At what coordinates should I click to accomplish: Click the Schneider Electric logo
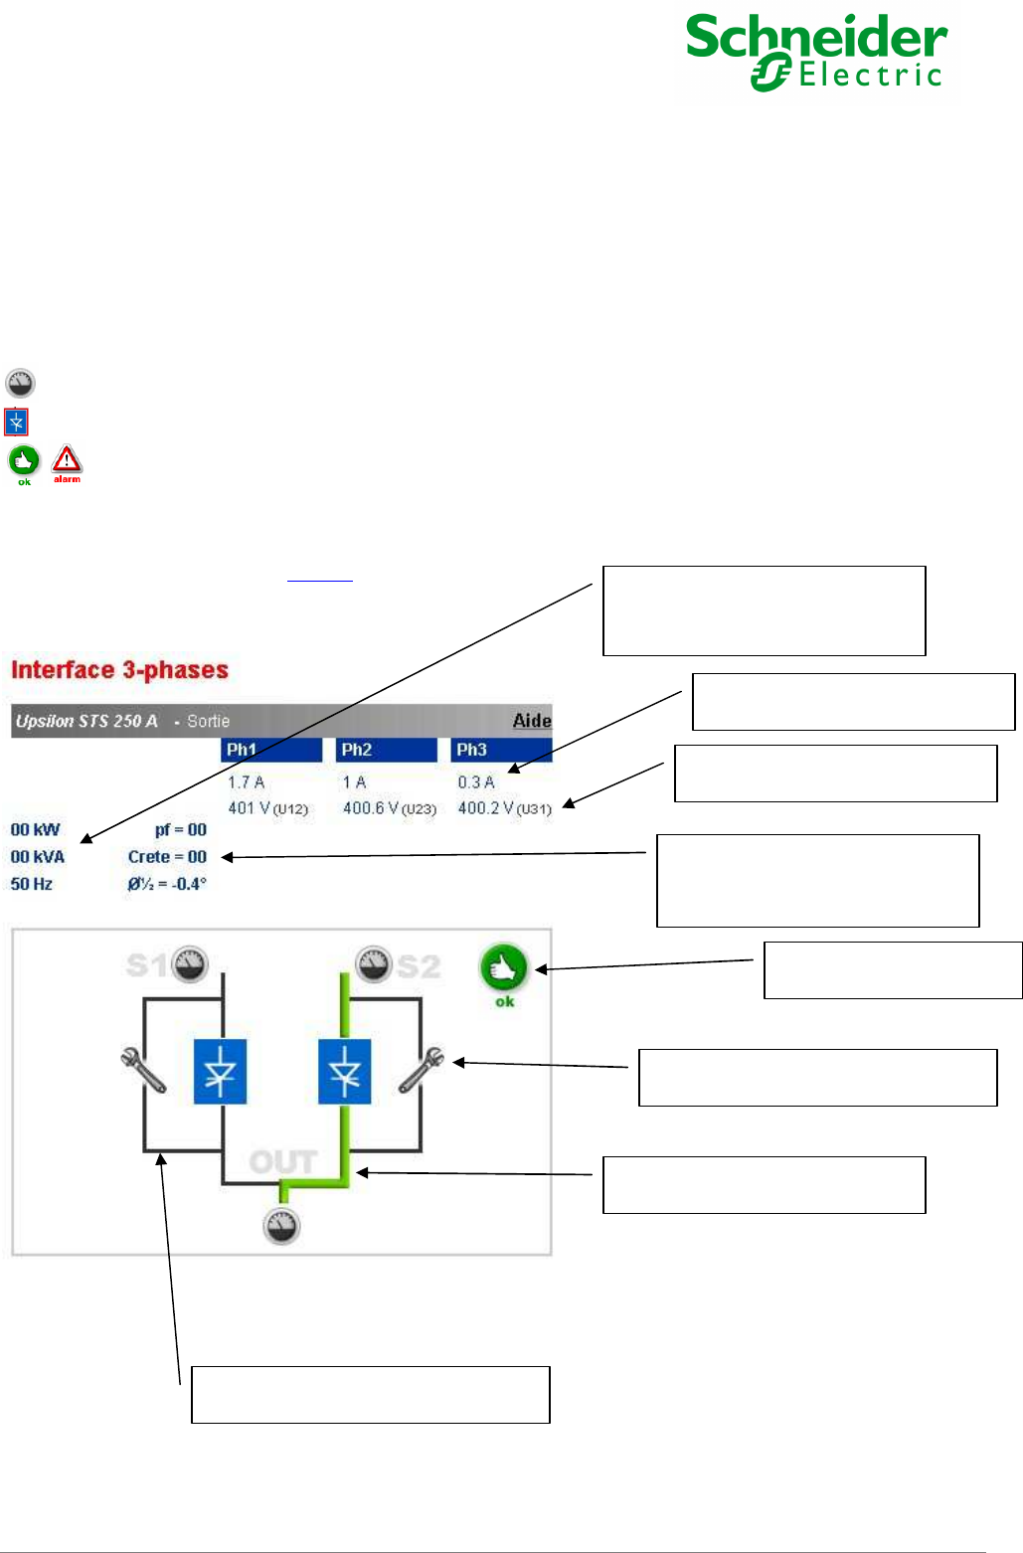pyautogui.click(x=817, y=52)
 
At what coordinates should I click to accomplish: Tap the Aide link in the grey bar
pyautogui.click(x=532, y=721)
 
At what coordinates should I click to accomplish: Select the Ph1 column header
pyautogui.click(x=270, y=750)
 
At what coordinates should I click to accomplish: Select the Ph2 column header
pyautogui.click(x=386, y=750)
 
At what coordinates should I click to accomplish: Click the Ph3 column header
pyautogui.click(x=501, y=750)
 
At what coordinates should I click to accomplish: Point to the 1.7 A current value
pyautogui.click(x=247, y=782)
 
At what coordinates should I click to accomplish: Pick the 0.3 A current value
pyautogui.click(x=476, y=782)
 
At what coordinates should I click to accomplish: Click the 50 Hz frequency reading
pyautogui.click(x=32, y=884)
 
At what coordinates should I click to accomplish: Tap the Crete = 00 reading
pyautogui.click(x=167, y=857)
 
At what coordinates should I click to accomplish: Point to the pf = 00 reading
pyautogui.click(x=180, y=830)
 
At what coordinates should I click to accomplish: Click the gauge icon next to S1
pyautogui.click(x=189, y=963)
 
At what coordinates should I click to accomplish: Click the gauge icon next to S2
pyautogui.click(x=374, y=963)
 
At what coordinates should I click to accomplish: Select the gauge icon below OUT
pyautogui.click(x=281, y=1226)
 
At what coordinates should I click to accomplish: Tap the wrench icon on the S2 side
pyautogui.click(x=422, y=1070)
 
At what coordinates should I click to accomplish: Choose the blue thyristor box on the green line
pyautogui.click(x=344, y=1072)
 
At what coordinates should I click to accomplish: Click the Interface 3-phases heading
pyautogui.click(x=119, y=670)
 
